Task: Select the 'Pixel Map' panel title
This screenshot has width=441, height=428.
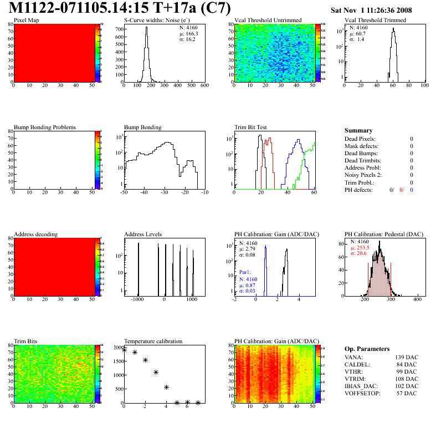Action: (26, 21)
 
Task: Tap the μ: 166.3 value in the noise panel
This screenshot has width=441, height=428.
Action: (189, 33)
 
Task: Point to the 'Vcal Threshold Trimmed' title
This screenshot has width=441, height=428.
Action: (375, 21)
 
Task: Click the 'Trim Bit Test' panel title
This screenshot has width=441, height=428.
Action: (251, 127)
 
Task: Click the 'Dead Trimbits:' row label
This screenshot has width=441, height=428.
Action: (363, 160)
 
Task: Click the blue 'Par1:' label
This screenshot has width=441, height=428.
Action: (245, 273)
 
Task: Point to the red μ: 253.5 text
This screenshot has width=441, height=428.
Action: (360, 248)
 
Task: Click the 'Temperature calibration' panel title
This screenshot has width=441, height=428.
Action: (153, 341)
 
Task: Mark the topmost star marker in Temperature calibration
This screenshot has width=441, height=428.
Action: (124, 350)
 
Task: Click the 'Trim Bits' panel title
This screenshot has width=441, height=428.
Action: (25, 341)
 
